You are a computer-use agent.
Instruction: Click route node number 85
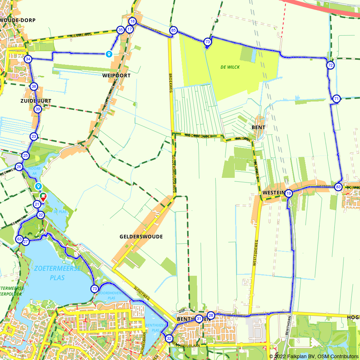pyautogui.click(x=174, y=30)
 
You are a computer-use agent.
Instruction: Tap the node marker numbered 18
pyautogui.click(x=132, y=22)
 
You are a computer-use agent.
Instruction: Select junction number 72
pyautogui.click(x=330, y=65)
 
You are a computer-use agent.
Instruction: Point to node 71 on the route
pyautogui.click(x=336, y=99)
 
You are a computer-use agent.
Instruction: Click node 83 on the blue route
pyautogui.click(x=338, y=187)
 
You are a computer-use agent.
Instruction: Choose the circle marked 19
pyautogui.click(x=289, y=194)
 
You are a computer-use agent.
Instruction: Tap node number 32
pyautogui.click(x=169, y=338)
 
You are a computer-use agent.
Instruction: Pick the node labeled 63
pyautogui.click(x=19, y=239)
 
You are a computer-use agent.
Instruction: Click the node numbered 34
pyautogui.click(x=28, y=59)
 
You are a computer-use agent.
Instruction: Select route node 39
pyautogui.click(x=37, y=109)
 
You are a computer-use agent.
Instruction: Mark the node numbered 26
pyautogui.click(x=19, y=167)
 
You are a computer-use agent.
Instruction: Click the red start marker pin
pyautogui.click(x=43, y=197)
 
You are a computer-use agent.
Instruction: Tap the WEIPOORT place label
pyautogui.click(x=116, y=76)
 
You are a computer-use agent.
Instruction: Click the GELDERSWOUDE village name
pyautogui.click(x=141, y=237)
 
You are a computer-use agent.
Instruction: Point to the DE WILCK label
pyautogui.click(x=230, y=67)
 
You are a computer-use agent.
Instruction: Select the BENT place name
pyautogui.click(x=258, y=127)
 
